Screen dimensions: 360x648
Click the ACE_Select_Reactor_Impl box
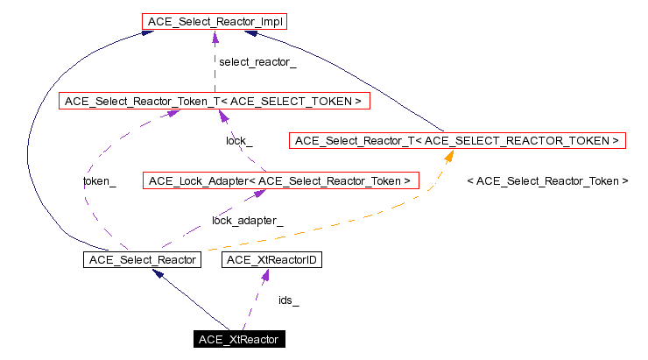point(214,20)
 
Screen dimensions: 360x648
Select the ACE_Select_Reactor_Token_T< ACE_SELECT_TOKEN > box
point(211,102)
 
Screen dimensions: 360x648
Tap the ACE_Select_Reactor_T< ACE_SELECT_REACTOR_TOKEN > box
point(456,140)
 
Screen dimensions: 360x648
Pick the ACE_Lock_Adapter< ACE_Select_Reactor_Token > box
point(280,181)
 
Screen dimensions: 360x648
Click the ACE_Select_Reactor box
point(140,259)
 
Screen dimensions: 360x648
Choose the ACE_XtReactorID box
point(264,259)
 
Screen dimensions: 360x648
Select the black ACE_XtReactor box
point(239,339)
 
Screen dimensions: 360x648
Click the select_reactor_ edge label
point(257,62)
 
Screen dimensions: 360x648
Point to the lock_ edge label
point(239,141)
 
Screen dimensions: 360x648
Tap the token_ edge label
point(99,181)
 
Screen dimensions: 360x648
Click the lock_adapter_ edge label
point(247,221)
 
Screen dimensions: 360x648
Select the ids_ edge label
point(288,300)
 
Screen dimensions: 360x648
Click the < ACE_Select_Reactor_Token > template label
point(548,181)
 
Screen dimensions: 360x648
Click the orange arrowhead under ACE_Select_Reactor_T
point(450,155)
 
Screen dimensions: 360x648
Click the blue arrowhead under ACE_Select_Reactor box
point(158,274)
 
